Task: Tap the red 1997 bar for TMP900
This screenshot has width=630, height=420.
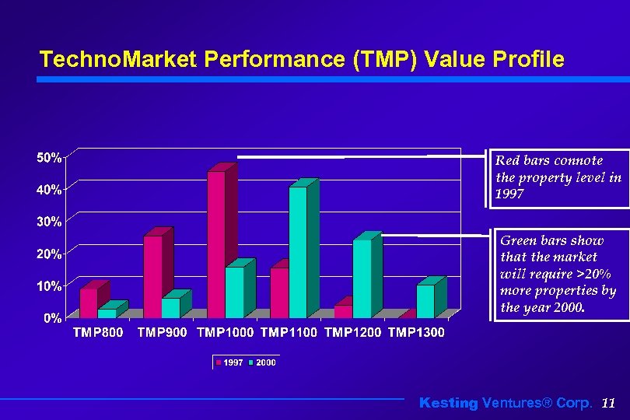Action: click(x=152, y=276)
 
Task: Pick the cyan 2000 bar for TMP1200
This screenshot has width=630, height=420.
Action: click(x=362, y=278)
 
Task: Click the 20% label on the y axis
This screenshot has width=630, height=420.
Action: click(x=50, y=254)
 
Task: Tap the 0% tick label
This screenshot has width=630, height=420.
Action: click(x=53, y=318)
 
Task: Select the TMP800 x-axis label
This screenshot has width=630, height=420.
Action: click(x=98, y=334)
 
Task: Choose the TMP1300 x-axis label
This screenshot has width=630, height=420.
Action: click(x=416, y=334)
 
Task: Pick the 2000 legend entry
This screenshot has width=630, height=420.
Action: click(x=265, y=362)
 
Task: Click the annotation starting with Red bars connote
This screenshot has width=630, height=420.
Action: click(x=558, y=177)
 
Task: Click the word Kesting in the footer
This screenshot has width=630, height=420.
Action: click(x=449, y=403)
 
